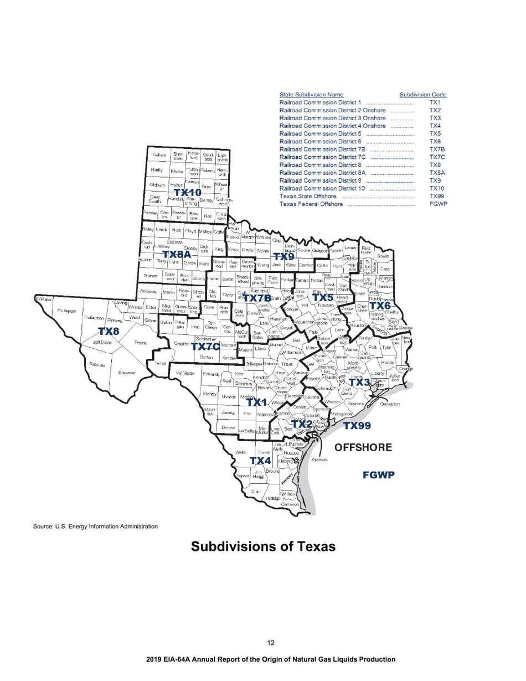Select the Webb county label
(x=241, y=452)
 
